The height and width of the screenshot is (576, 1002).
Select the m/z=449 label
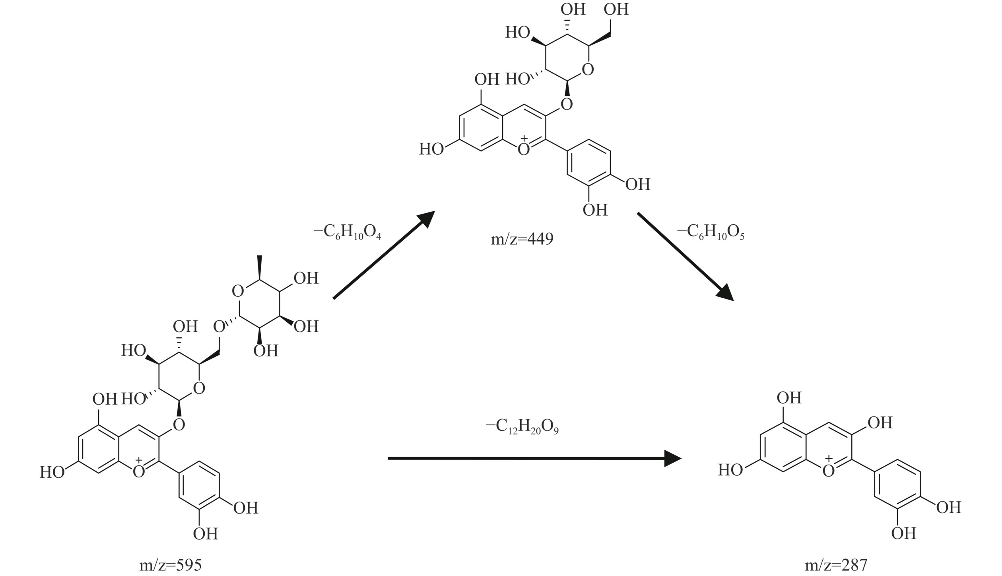[x=522, y=239]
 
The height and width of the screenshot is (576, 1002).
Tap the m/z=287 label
[x=836, y=565]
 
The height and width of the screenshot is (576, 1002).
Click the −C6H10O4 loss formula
[x=348, y=232]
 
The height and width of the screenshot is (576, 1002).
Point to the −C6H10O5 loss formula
[x=711, y=232]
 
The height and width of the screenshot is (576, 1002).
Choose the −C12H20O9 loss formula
[x=522, y=427]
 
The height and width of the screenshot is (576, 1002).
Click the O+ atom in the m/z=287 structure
[x=829, y=470]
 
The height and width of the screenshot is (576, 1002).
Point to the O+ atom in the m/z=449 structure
[x=524, y=149]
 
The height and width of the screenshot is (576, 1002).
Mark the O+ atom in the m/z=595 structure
[x=139, y=471]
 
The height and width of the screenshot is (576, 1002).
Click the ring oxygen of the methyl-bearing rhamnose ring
[x=237, y=291]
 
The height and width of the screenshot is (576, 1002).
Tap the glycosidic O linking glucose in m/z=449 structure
[x=566, y=104]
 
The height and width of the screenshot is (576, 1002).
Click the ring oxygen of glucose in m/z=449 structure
[x=587, y=70]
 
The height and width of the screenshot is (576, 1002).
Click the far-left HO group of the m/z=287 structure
[x=730, y=470]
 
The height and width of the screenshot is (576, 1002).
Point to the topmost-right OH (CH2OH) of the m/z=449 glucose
[x=616, y=9]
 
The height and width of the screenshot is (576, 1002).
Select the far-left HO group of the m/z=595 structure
[x=52, y=472]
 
